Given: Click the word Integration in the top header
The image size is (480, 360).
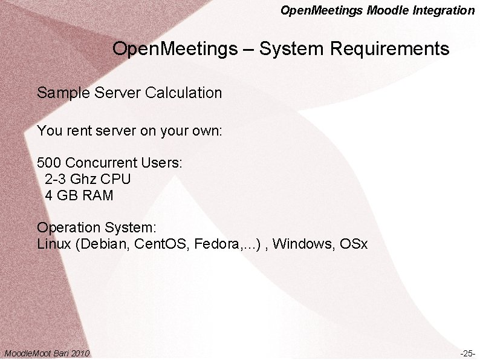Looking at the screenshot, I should coord(445,10).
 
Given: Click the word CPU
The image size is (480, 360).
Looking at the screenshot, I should coord(117,179).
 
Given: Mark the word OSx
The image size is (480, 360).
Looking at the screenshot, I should coord(354,244).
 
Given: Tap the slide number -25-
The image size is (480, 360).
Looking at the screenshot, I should coord(467,353).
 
